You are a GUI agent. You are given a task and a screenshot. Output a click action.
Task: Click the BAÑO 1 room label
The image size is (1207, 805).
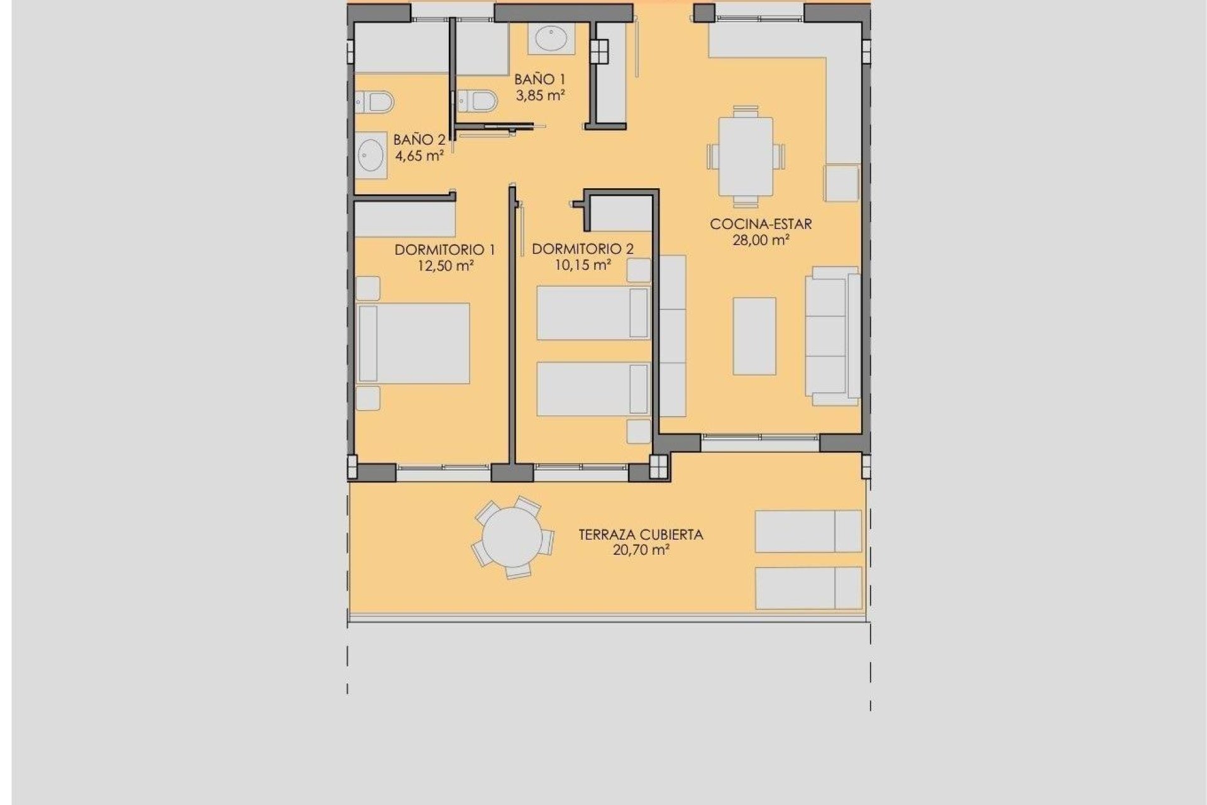[539, 79]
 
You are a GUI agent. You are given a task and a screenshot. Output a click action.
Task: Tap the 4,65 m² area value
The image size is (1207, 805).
[419, 155]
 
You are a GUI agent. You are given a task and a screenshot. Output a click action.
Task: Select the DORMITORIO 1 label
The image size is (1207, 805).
[444, 250]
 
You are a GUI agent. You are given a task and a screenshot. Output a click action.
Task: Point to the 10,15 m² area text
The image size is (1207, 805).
[582, 265]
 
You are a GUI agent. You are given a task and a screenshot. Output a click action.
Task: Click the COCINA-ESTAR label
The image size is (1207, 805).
[761, 224]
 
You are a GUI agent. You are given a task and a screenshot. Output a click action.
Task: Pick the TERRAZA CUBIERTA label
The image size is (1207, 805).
[641, 535]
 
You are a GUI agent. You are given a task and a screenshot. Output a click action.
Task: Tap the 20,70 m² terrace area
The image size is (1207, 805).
[641, 550]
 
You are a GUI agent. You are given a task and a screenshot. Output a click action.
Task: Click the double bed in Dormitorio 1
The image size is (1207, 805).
[413, 343]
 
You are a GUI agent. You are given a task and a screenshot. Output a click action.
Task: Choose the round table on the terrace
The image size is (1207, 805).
[512, 538]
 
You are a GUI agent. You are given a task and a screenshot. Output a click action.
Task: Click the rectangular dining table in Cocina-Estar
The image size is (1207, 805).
[746, 157]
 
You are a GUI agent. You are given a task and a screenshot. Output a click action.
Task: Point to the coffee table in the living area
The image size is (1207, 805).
[754, 336]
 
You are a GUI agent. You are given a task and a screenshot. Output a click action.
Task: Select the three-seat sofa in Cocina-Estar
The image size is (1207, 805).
[833, 336]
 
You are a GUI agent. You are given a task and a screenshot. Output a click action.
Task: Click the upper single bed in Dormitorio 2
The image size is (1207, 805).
[593, 313]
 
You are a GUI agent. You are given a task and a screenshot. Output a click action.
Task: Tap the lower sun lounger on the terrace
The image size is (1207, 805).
[808, 588]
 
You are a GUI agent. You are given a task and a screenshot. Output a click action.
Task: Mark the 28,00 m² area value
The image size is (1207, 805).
[761, 240]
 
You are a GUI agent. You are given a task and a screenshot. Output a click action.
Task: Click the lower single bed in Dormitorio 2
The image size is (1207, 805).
[593, 389]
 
